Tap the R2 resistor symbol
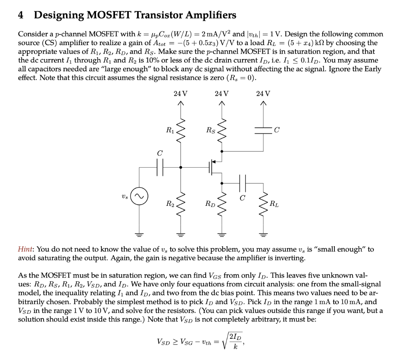pos(180,204)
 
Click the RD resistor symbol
pos(222,204)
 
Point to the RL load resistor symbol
pos(264,204)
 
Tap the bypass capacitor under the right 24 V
pos(264,131)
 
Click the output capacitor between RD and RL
pos(243,182)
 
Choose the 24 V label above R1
pos(180,94)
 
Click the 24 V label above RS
pos(222,94)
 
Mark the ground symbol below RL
pos(264,234)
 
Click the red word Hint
pos(26,249)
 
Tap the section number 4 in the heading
pos(21,15)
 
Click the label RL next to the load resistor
pos(273,204)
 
